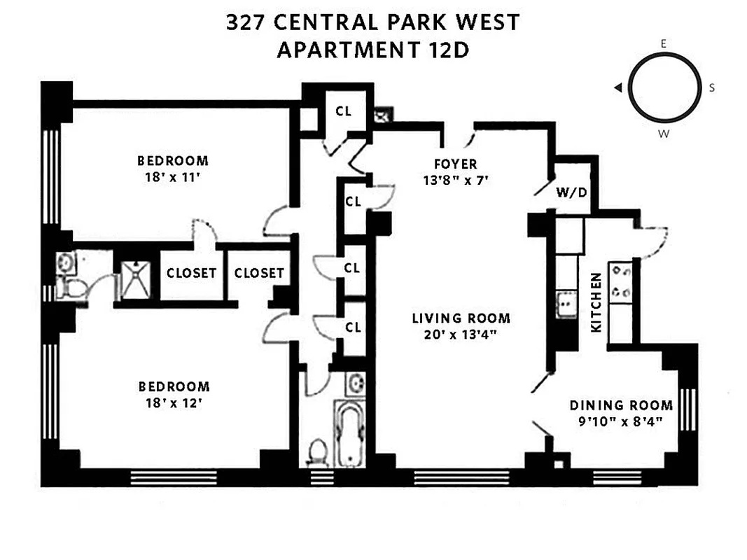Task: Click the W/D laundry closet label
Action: [x=572, y=192]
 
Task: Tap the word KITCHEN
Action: [x=596, y=302]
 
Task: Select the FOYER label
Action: [x=455, y=164]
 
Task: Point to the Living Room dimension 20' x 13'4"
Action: [x=461, y=334]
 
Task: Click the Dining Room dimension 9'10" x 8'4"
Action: [x=621, y=421]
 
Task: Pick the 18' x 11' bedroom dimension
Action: [x=173, y=177]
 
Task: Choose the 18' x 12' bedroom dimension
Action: [x=174, y=404]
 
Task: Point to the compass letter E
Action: [x=662, y=43]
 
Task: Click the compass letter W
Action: [x=662, y=133]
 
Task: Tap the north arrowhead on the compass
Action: [x=618, y=87]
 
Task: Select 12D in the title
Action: [x=446, y=51]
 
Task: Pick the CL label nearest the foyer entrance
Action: [x=343, y=111]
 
